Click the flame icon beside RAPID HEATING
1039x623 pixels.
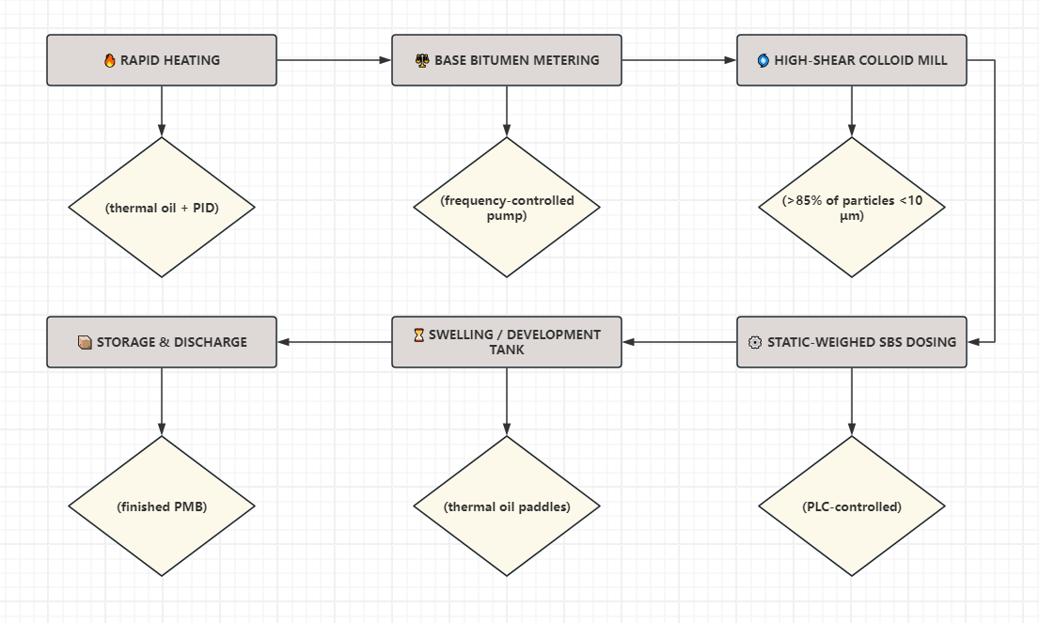(110, 60)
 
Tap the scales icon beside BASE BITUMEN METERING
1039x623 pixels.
(422, 60)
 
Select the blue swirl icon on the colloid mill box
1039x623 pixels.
(764, 60)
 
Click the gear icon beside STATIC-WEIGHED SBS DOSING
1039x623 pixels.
(755, 342)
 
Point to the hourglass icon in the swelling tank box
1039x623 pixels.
(418, 335)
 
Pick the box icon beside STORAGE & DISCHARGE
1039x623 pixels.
(85, 342)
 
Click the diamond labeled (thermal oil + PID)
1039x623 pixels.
(162, 208)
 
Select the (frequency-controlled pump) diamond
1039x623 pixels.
(507, 208)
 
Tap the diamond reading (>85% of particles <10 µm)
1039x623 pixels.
(852, 208)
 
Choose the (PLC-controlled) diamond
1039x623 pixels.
(852, 506)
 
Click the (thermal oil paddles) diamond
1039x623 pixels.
(507, 506)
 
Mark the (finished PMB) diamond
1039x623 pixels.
(162, 506)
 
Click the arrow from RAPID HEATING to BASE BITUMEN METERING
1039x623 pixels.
(334, 60)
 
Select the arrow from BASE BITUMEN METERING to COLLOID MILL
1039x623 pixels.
(679, 60)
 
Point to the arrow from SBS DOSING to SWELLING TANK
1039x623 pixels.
(679, 342)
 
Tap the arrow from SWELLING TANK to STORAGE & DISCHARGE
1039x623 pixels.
(334, 342)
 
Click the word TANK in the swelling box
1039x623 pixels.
(507, 350)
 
